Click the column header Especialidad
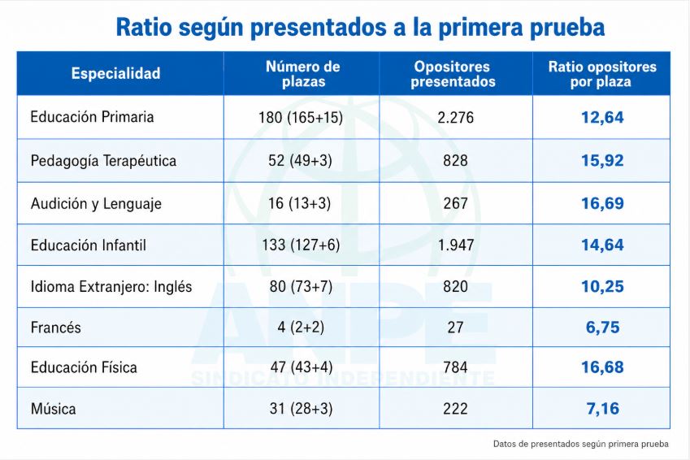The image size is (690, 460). tap(115, 73)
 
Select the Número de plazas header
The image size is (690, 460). tap(303, 74)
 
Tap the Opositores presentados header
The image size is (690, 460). tap(453, 74)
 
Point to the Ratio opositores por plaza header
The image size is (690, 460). tap(602, 74)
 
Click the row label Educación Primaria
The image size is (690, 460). tap(92, 117)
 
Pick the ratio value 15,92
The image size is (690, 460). tap(602, 160)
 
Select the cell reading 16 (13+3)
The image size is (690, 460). tap(300, 203)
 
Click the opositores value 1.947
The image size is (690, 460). tap(456, 245)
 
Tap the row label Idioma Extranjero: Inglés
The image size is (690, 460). tap(111, 287)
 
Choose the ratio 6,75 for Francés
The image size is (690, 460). tap(602, 327)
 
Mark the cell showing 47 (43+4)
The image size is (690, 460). tap(301, 367)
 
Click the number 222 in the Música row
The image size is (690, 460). tap(455, 409)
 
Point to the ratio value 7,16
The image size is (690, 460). tap(602, 409)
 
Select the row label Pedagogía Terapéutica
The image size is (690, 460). tap(103, 161)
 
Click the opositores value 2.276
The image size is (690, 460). tap(455, 118)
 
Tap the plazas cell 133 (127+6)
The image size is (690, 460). tap(301, 245)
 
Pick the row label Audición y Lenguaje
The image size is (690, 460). tap(96, 204)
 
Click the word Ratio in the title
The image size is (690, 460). tap(144, 27)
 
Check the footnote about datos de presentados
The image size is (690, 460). tap(581, 444)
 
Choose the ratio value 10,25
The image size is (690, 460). tap(602, 287)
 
